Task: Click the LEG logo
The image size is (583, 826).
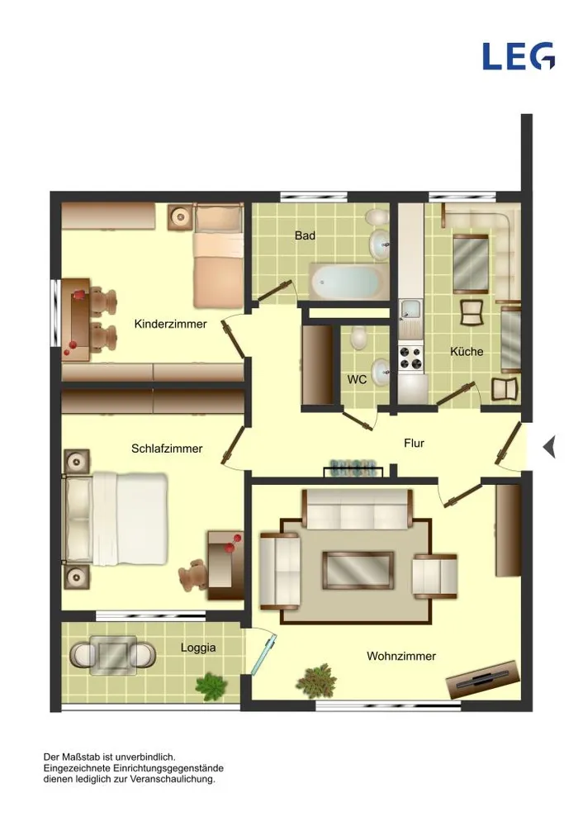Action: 519,56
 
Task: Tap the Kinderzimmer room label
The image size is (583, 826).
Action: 171,324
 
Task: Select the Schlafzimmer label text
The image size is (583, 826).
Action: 167,449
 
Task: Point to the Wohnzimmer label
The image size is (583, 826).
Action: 401,657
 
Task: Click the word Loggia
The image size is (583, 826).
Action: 198,648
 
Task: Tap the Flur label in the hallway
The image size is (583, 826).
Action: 414,444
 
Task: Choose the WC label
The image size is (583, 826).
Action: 357,380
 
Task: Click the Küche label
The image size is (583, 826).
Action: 467,351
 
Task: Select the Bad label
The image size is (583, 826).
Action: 305,235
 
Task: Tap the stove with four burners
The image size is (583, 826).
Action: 410,357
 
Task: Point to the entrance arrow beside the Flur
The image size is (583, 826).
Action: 549,448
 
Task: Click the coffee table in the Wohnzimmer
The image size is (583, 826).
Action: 358,571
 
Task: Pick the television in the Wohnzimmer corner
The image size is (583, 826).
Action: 483,679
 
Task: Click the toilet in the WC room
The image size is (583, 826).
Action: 359,338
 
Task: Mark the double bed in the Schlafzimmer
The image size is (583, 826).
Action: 116,518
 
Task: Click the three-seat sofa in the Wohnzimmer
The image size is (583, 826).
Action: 358,510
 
